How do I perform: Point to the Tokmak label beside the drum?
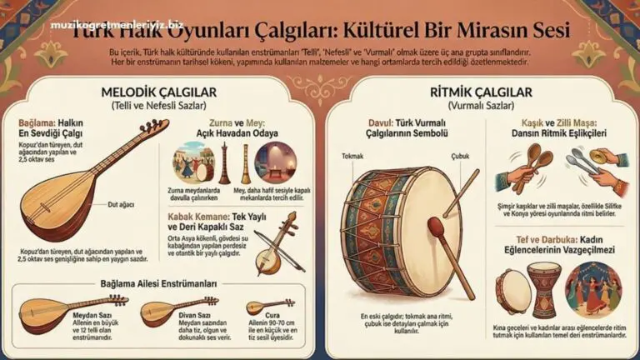(353, 154)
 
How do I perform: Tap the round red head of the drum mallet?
(436, 225)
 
